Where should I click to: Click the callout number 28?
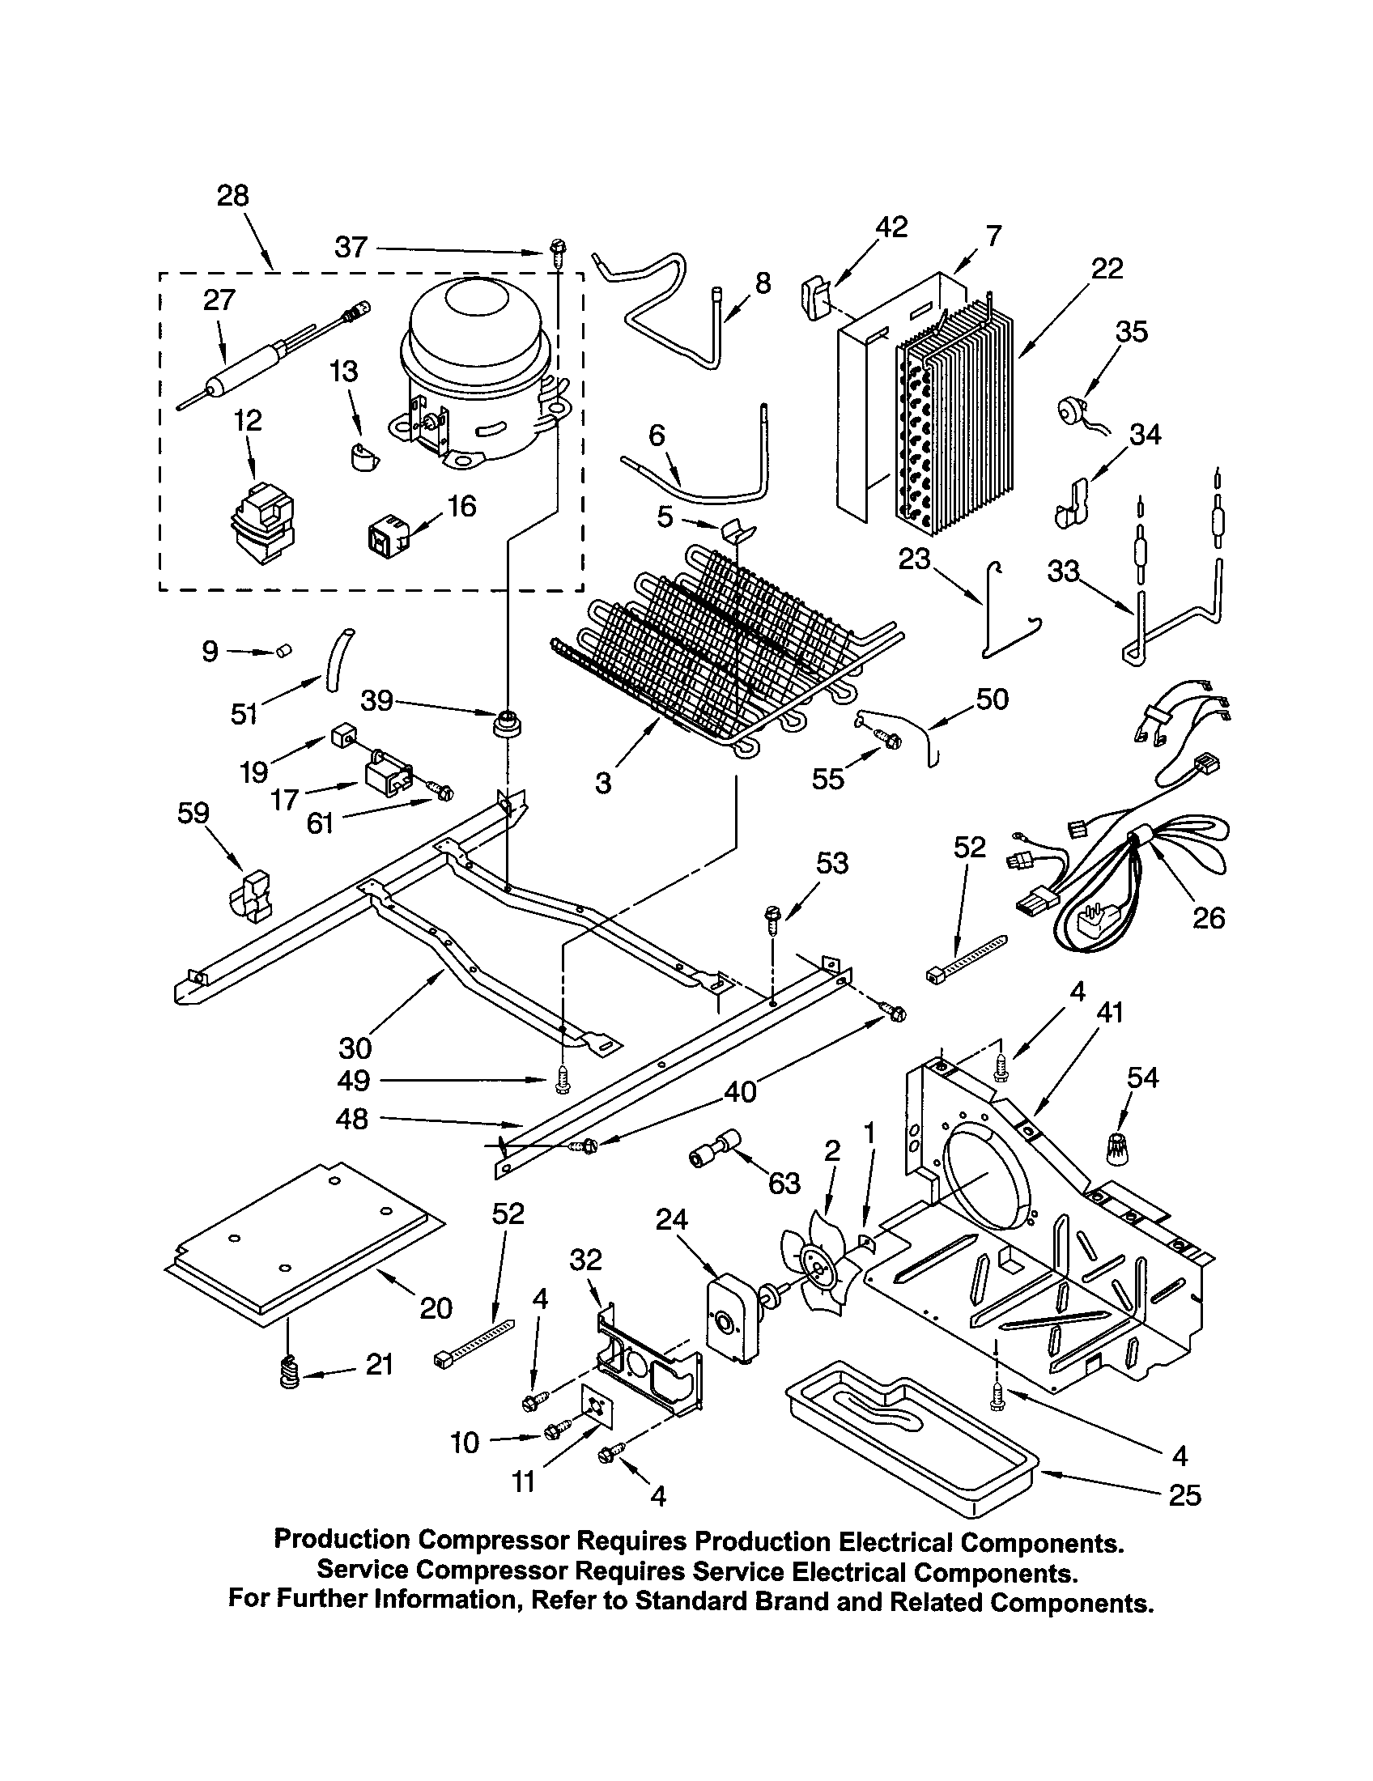pos(232,196)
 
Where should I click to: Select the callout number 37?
pos(351,247)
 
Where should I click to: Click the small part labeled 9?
pos(283,650)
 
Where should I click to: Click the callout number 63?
pos(784,1184)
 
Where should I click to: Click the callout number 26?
pos(1208,918)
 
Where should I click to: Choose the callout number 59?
pos(193,813)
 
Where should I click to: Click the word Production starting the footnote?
pos(342,1540)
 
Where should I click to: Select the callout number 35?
pos(1131,332)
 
